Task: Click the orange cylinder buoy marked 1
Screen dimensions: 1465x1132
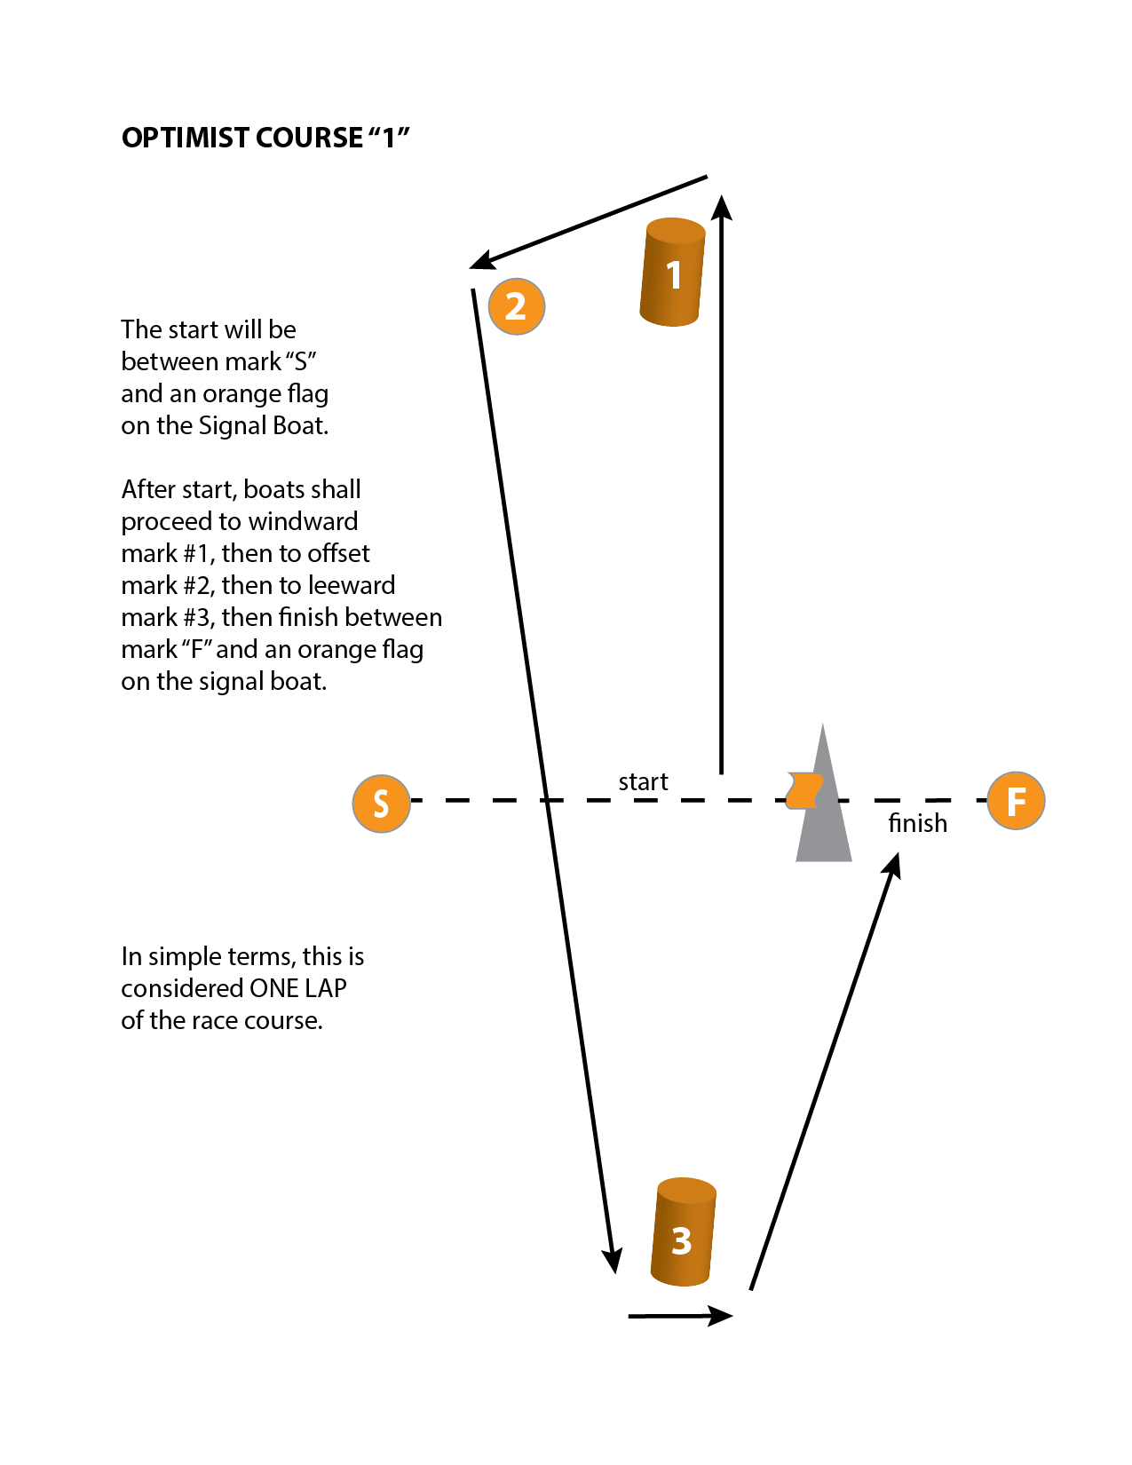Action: [672, 273]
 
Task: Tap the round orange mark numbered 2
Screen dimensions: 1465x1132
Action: [516, 306]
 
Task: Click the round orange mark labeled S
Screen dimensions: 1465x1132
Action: [381, 804]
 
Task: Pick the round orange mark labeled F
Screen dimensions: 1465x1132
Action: [1016, 801]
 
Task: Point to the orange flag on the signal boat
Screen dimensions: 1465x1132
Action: [804, 790]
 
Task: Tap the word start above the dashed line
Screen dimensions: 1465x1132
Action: [643, 782]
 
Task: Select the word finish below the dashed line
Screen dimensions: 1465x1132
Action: [917, 824]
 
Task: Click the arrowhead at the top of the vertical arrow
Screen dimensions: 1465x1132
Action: [722, 207]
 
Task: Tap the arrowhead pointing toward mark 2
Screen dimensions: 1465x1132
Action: [482, 260]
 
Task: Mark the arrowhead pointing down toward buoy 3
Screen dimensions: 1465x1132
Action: [612, 1261]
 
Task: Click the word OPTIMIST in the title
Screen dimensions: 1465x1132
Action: [185, 139]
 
